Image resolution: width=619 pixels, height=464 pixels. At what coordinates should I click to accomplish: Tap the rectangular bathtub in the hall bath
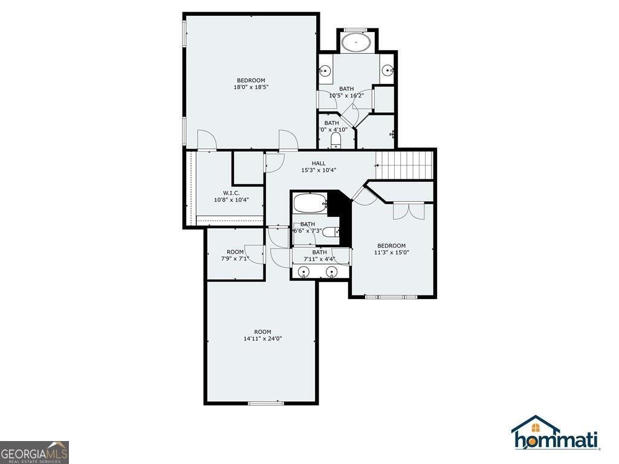pyautogui.click(x=310, y=204)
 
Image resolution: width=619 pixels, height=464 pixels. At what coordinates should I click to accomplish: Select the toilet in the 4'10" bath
pyautogui.click(x=336, y=141)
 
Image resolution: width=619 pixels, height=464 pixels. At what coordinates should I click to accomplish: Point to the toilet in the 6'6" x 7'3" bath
pyautogui.click(x=330, y=231)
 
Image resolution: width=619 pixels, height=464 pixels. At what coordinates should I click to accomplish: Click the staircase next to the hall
pyautogui.click(x=405, y=164)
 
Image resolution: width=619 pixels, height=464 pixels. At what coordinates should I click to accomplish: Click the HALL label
pyautogui.click(x=319, y=163)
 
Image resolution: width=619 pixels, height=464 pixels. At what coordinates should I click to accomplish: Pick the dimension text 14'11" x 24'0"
pyautogui.click(x=262, y=339)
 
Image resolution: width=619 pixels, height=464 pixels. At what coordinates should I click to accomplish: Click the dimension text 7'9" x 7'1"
pyautogui.click(x=235, y=259)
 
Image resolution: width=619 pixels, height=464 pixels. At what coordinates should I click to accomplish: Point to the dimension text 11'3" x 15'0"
pyautogui.click(x=391, y=253)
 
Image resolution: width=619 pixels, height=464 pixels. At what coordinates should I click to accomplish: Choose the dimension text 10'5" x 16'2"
pyautogui.click(x=346, y=95)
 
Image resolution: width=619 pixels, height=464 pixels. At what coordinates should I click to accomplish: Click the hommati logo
pyautogui.click(x=556, y=434)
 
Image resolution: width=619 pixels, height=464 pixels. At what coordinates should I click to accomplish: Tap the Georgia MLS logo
pyautogui.click(x=34, y=452)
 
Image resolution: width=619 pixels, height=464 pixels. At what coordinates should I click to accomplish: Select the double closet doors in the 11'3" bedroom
pyautogui.click(x=405, y=210)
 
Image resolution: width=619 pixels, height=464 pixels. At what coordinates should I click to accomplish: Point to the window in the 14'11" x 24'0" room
pyautogui.click(x=266, y=403)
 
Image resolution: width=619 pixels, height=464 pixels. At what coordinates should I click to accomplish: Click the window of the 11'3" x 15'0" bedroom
pyautogui.click(x=391, y=297)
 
